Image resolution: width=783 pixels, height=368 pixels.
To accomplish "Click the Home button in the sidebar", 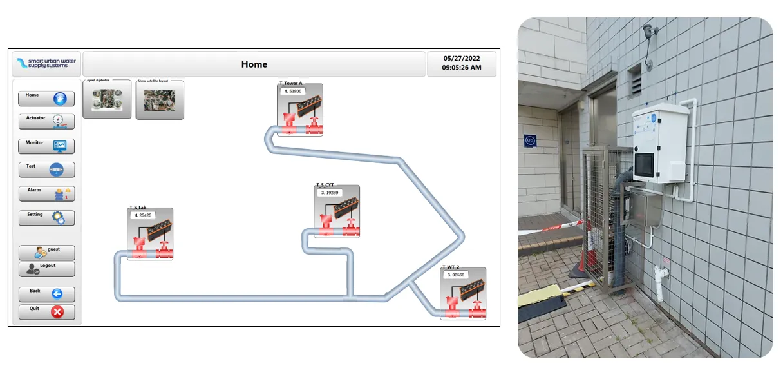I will click(46, 99).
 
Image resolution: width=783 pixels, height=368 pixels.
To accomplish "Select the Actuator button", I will click(46, 121).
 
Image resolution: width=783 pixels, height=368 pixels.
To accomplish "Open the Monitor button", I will click(46, 146).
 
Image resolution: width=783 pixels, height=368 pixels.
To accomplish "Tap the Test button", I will click(46, 169).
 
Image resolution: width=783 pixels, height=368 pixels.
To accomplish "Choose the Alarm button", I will click(46, 193).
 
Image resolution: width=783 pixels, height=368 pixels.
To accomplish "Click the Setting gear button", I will click(46, 218).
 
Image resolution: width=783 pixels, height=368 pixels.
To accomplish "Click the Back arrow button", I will click(46, 294).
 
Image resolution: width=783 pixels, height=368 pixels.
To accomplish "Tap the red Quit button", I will click(46, 312).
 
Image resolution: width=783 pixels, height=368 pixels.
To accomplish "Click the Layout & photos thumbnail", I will click(108, 100).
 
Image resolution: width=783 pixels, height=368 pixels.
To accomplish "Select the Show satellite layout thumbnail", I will click(160, 101).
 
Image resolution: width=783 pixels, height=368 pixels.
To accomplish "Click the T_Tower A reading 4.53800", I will click(293, 92).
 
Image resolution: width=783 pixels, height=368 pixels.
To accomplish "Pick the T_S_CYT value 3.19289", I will click(330, 193).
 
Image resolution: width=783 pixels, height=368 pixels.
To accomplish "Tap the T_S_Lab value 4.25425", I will click(142, 215).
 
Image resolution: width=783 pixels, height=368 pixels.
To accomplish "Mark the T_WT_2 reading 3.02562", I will click(456, 275).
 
